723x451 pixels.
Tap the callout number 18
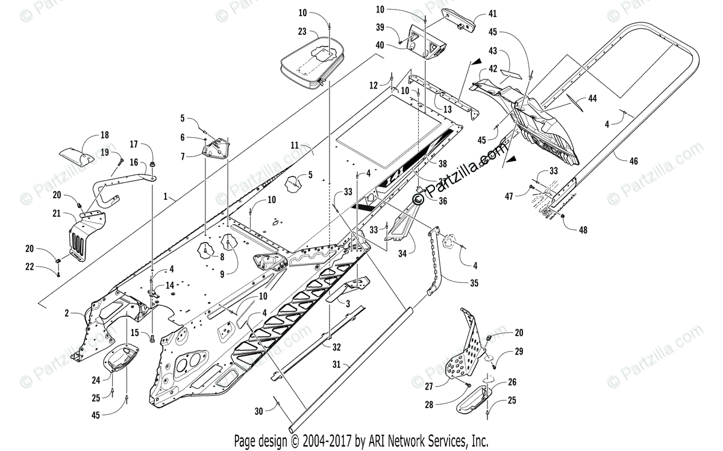pos(104,135)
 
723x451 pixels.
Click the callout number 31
pos(336,365)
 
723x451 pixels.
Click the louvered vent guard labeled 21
pos(80,239)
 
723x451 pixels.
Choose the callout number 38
pos(443,163)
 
